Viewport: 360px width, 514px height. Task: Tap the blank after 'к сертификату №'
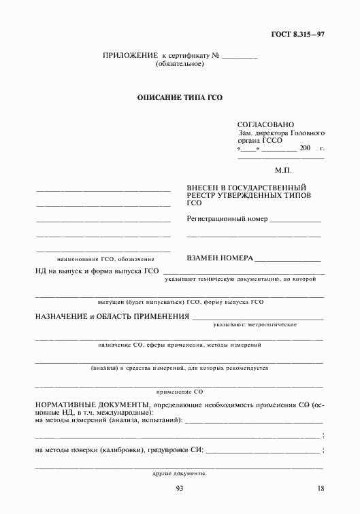point(240,56)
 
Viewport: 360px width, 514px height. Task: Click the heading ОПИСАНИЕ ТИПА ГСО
point(180,97)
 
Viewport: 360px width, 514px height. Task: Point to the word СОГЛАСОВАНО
point(265,125)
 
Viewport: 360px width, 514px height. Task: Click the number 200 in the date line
point(304,148)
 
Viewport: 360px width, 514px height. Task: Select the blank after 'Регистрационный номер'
point(295,220)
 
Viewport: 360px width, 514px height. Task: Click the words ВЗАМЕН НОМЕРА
point(220,258)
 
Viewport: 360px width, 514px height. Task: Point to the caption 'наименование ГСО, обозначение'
point(106,259)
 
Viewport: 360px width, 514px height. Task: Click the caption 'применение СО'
point(180,392)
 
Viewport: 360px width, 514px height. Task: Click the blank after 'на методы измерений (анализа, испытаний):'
point(252,423)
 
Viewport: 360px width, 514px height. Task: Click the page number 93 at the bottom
point(180,490)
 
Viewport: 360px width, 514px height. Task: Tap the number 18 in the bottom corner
point(321,490)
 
